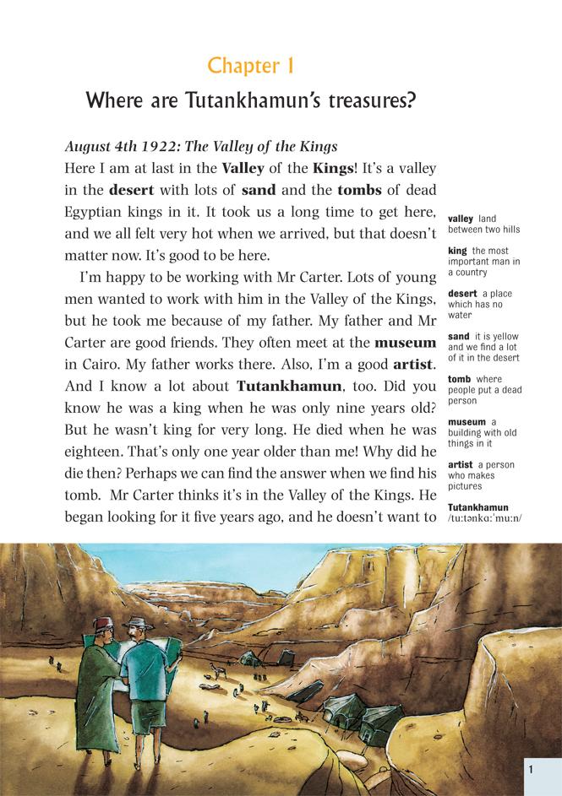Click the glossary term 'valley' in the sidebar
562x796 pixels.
[x=461, y=219]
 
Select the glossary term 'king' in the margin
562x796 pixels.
[x=457, y=251]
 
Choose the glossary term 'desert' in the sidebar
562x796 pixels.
[x=462, y=294]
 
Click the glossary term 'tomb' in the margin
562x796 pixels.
[x=459, y=380]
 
